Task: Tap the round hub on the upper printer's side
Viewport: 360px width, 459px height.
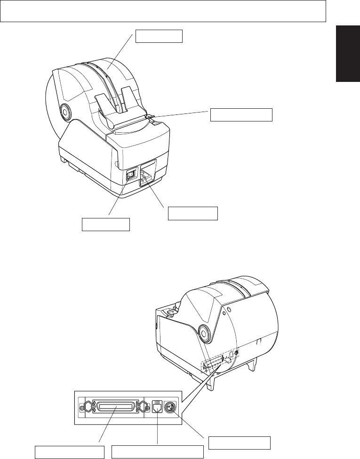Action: pyautogui.click(x=64, y=112)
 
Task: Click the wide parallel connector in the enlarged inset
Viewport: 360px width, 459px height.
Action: pyautogui.click(x=115, y=405)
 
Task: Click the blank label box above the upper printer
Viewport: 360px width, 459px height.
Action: pyautogui.click(x=159, y=36)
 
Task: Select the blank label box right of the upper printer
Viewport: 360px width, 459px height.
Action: pyautogui.click(x=241, y=114)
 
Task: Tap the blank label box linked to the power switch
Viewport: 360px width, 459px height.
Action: pyautogui.click(x=106, y=225)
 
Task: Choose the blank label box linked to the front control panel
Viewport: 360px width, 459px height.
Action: pyautogui.click(x=193, y=213)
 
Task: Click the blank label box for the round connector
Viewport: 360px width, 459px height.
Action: pyautogui.click(x=239, y=443)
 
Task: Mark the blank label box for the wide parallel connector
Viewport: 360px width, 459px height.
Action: pyautogui.click(x=70, y=452)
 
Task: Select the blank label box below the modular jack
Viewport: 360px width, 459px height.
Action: pyautogui.click(x=157, y=452)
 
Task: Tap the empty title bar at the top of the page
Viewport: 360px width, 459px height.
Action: pyautogui.click(x=163, y=11)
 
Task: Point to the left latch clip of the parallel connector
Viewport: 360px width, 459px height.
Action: pyautogui.click(x=85, y=405)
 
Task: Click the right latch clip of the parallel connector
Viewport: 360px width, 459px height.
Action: pyautogui.click(x=144, y=405)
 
